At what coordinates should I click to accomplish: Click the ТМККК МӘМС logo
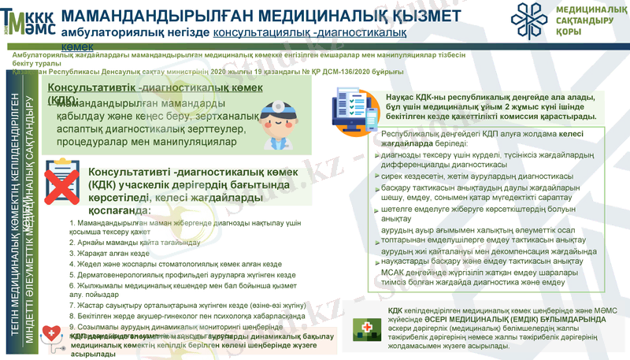click(28, 21)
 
